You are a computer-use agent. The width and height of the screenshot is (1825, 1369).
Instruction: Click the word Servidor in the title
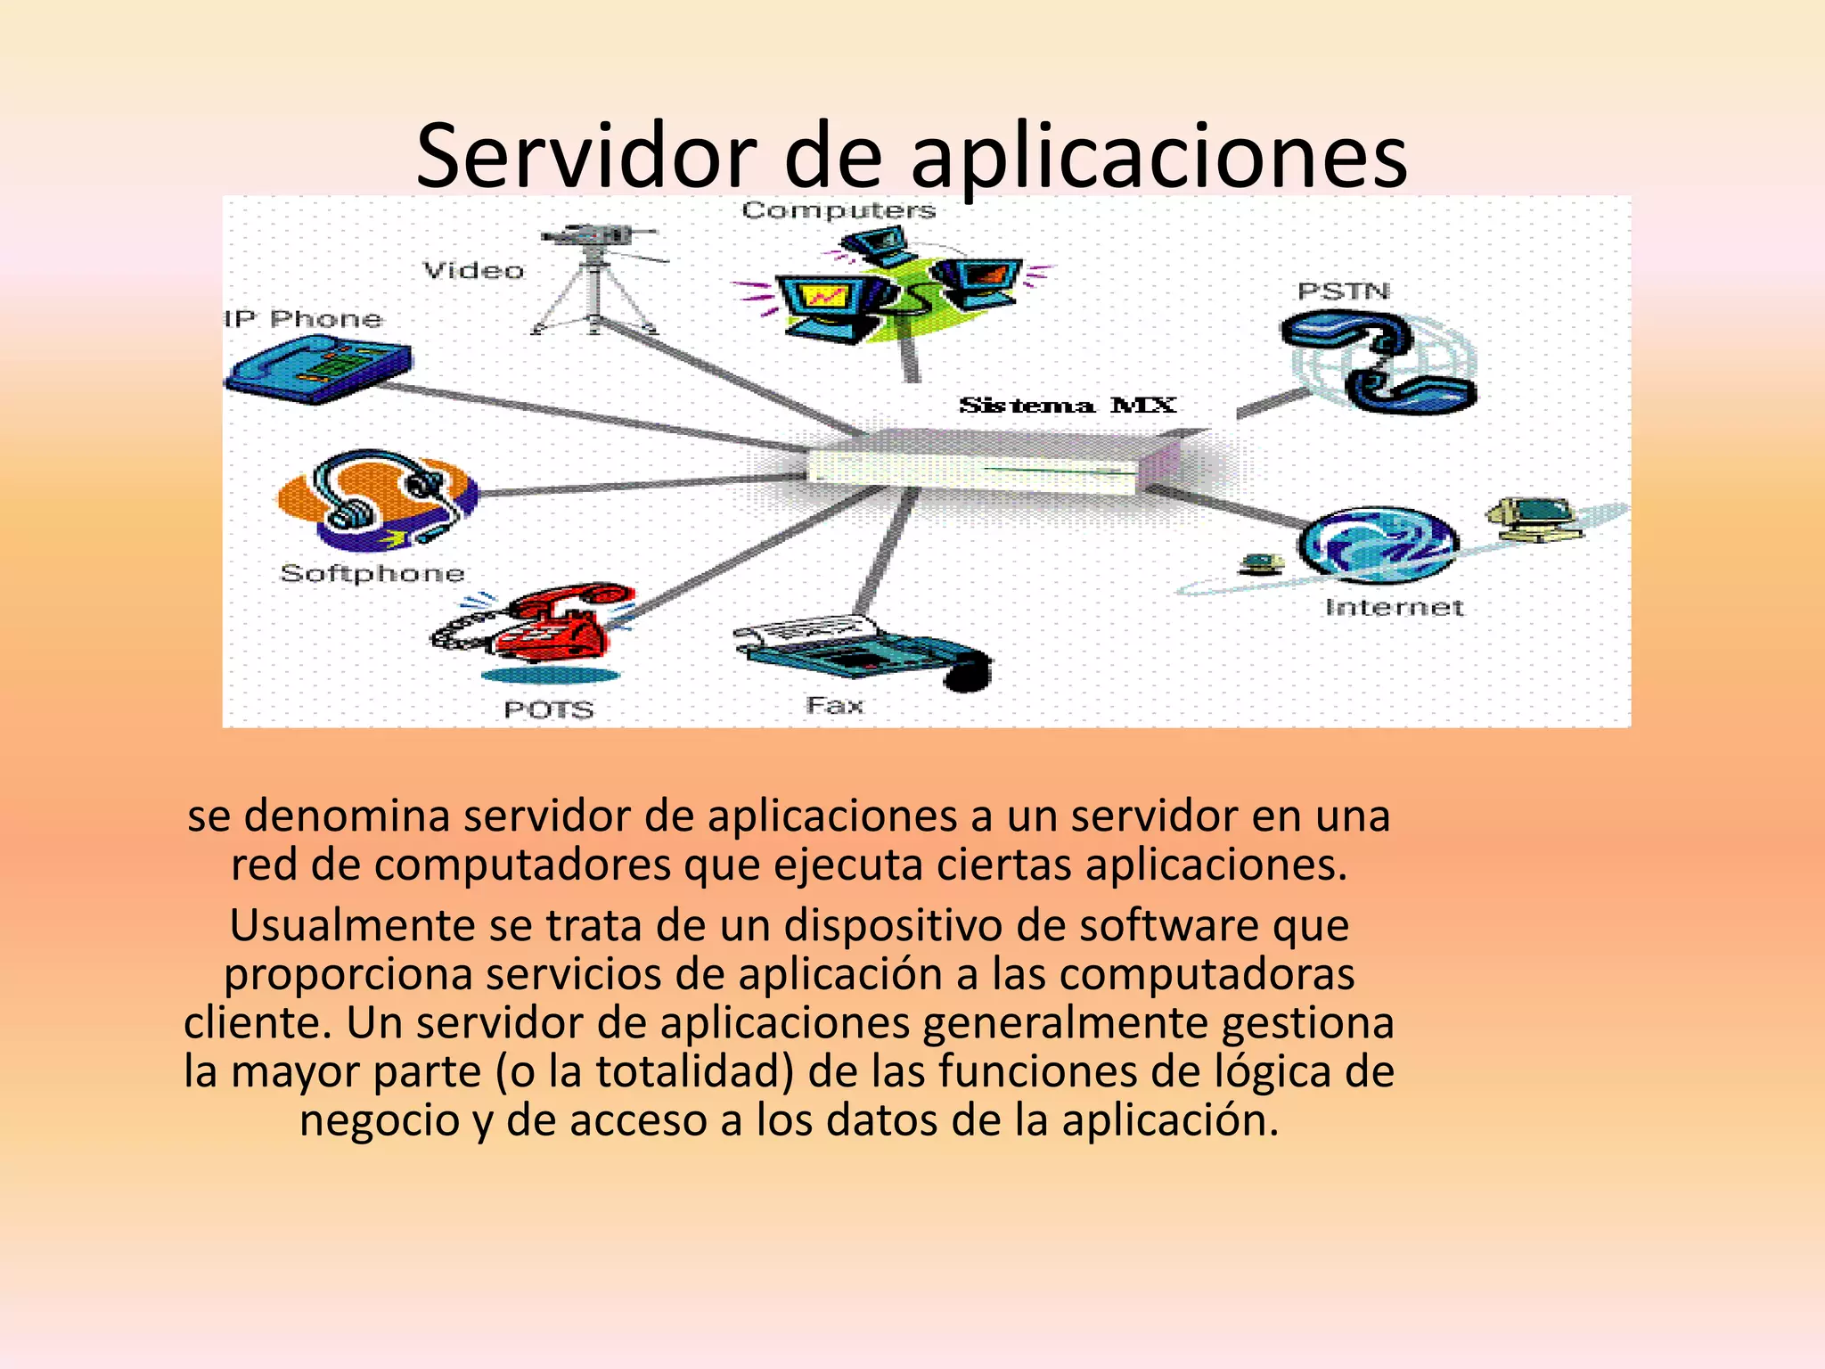(585, 157)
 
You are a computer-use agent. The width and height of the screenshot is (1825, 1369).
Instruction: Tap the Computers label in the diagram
(839, 210)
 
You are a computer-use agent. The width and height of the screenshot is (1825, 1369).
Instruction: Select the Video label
(473, 270)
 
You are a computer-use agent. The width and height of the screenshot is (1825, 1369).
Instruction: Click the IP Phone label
(303, 319)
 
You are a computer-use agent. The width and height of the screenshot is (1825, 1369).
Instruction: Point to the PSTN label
(1343, 291)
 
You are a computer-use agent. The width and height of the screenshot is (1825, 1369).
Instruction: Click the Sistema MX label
(1067, 406)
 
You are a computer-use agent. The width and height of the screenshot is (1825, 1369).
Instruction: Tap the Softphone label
(372, 573)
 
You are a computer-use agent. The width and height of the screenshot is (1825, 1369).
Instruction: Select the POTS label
(549, 709)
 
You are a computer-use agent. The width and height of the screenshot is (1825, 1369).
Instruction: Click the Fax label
(835, 706)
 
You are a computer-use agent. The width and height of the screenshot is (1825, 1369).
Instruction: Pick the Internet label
(1395, 608)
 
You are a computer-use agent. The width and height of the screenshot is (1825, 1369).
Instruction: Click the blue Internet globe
(1378, 543)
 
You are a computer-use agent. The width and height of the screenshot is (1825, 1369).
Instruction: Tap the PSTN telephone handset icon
(1377, 361)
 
